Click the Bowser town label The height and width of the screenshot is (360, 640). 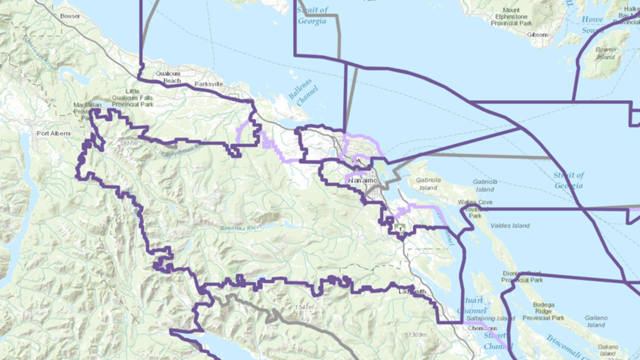tap(70, 17)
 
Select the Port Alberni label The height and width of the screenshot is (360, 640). tap(53, 133)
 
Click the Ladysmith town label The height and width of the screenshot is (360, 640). tap(412, 292)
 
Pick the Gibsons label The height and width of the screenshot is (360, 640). tap(538, 35)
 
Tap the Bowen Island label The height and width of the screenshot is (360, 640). tap(605, 53)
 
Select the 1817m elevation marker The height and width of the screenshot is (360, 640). tap(129, 143)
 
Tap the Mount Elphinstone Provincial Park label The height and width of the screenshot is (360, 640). tap(510, 17)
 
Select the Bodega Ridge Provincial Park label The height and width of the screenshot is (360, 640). tap(543, 311)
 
